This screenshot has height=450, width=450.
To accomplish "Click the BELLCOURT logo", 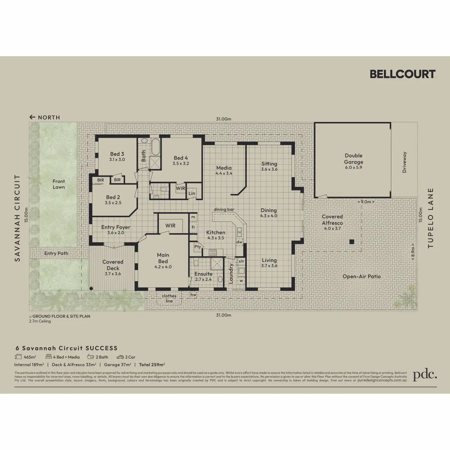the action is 402,74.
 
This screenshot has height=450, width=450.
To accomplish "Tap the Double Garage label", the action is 354,159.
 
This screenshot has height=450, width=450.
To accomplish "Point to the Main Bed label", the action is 163,258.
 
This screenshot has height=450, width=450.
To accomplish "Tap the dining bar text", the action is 224,209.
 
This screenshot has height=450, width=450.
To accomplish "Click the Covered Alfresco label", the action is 332,220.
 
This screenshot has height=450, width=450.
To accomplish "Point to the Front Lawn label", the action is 58,184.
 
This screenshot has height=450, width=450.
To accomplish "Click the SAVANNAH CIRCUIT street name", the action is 17,218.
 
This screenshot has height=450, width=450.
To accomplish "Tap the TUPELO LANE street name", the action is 430,218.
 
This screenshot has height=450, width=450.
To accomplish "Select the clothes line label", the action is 169,298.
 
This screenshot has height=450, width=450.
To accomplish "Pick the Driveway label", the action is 404,162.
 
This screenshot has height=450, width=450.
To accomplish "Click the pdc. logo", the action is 425,375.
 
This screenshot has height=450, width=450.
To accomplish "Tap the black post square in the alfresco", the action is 352,242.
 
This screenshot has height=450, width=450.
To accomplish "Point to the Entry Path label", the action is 56,253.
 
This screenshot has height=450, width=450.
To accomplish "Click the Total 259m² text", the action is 152,364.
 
